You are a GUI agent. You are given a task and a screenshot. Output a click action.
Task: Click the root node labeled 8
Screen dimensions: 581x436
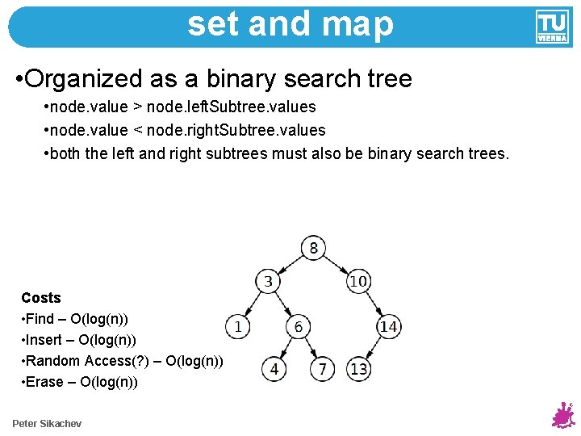tap(313, 248)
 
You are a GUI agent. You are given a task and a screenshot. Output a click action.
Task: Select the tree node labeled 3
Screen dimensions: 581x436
tap(268, 282)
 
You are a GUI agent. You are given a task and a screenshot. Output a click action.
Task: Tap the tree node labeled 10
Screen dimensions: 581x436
tap(358, 282)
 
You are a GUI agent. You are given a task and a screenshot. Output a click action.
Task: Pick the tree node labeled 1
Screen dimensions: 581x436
tap(238, 326)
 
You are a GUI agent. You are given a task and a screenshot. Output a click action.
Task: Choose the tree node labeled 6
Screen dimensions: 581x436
tap(299, 326)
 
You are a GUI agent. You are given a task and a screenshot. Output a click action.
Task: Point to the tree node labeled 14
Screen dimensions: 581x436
tap(388, 326)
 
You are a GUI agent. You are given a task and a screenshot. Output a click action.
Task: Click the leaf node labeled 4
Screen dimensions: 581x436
tap(274, 369)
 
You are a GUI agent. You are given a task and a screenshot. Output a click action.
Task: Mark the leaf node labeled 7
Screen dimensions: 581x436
tap(323, 369)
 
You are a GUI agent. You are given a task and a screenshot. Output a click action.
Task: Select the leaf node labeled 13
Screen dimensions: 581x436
tap(359, 369)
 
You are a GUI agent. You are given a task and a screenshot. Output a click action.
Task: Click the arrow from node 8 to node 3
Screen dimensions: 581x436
tap(290, 265)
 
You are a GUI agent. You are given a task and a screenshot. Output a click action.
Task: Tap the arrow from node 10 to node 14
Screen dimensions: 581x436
tap(374, 304)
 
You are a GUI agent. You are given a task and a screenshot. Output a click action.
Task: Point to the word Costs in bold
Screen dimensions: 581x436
tap(41, 298)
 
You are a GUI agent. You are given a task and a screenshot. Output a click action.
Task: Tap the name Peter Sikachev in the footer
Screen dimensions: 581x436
tap(47, 424)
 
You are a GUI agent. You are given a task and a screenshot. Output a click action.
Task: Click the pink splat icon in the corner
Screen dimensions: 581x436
tap(562, 416)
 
